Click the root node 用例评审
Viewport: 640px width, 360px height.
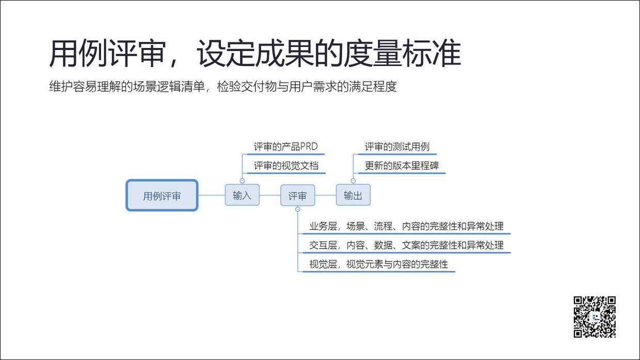[x=162, y=195]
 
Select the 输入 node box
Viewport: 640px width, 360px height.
[x=242, y=195]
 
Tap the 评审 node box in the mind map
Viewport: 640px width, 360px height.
[x=297, y=195]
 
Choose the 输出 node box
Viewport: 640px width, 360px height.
[x=353, y=195]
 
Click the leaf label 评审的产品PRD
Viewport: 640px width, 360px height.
[x=285, y=147]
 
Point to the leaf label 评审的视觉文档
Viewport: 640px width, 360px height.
[x=286, y=166]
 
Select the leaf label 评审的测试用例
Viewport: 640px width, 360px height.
[x=397, y=147]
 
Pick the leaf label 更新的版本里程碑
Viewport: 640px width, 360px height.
[x=402, y=166]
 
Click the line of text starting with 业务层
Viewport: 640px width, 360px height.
[x=406, y=226]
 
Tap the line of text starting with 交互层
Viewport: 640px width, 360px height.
[x=406, y=246]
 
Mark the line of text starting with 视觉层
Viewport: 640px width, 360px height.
[x=378, y=265]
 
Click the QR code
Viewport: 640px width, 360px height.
[x=595, y=317]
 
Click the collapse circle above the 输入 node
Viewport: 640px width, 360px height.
[x=242, y=181]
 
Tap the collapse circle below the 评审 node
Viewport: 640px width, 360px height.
[x=297, y=209]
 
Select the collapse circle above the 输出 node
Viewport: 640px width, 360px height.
[x=353, y=181]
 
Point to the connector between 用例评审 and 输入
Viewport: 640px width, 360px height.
[x=211, y=195]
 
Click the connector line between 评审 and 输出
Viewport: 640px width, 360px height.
[x=325, y=195]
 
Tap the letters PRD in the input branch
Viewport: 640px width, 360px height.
[x=309, y=147]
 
